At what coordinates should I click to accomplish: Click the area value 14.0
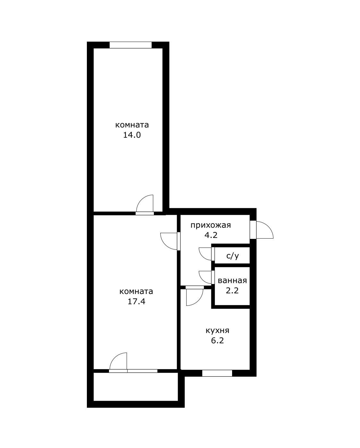coord(132,135)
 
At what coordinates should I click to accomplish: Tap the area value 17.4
coord(136,302)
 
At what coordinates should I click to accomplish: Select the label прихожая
coord(211,225)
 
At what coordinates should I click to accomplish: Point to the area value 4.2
coord(211,235)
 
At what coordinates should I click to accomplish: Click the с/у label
coord(232,256)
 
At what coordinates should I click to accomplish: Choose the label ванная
coord(232,281)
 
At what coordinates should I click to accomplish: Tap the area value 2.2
coord(232,291)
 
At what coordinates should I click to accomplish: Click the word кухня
coord(217,330)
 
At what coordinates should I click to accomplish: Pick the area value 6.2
coord(217,341)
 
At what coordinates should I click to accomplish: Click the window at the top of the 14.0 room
coord(130,45)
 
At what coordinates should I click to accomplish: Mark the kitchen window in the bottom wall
coord(217,373)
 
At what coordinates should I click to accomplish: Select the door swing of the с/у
coord(205,254)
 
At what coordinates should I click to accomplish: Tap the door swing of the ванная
coord(205,277)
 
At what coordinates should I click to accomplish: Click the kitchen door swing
coord(194,296)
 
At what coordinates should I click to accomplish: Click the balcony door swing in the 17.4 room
coord(119,362)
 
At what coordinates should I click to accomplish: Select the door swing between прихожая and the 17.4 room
coord(169,240)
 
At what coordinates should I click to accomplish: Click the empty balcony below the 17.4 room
coord(135,386)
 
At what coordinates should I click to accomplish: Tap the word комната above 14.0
coord(132,125)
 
